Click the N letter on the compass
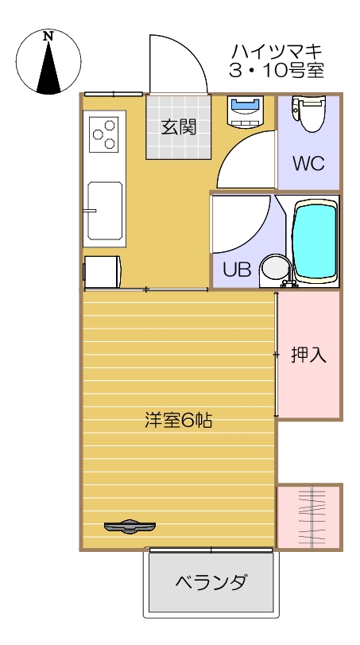pyautogui.click(x=48, y=37)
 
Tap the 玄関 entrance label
pyautogui.click(x=178, y=126)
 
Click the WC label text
pyautogui.click(x=308, y=164)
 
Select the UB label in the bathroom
pyautogui.click(x=236, y=270)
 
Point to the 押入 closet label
pyautogui.click(x=308, y=355)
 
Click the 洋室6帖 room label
pyautogui.click(x=178, y=420)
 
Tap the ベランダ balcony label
pyautogui.click(x=211, y=581)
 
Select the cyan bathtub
pyautogui.click(x=315, y=240)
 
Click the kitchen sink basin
pyautogui.click(x=105, y=210)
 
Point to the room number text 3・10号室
pyautogui.click(x=276, y=72)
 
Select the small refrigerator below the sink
pyautogui.click(x=103, y=270)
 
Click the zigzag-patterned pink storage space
pyautogui.click(x=309, y=515)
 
